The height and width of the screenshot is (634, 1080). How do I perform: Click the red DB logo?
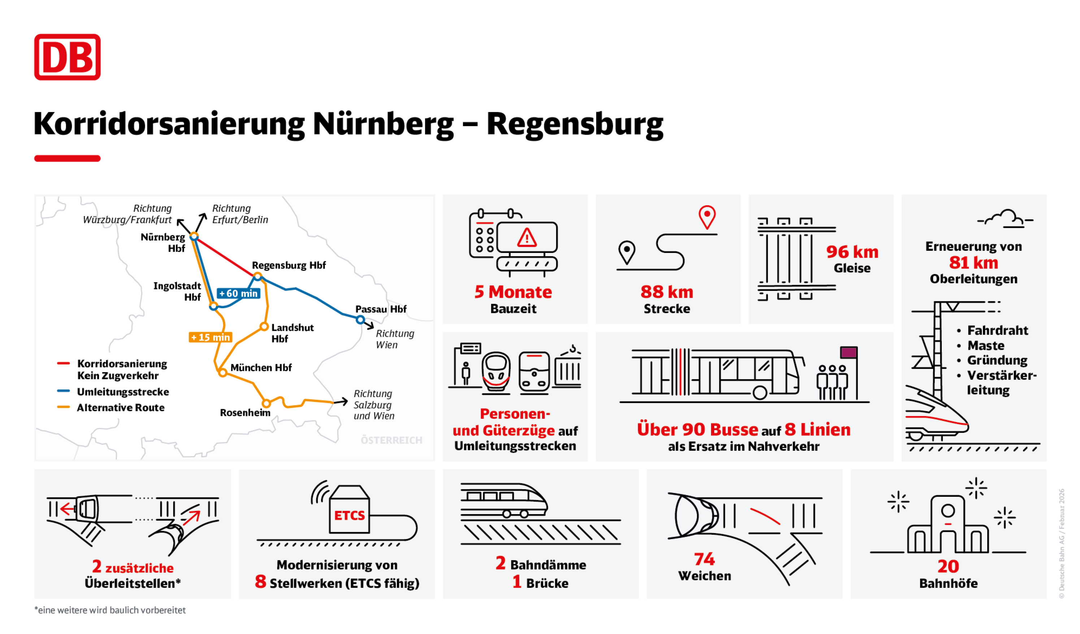67,57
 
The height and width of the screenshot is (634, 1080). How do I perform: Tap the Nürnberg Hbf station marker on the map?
194,236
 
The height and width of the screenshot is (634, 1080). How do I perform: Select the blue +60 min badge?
238,293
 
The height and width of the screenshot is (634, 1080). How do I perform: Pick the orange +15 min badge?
210,337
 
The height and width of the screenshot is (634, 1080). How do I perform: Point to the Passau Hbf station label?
381,309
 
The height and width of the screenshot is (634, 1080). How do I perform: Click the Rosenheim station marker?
266,403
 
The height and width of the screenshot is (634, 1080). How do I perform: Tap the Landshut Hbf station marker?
264,327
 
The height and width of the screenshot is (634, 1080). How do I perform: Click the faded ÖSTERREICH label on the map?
391,440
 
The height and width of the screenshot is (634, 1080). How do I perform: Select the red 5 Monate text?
513,292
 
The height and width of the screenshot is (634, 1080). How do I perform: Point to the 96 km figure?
852,252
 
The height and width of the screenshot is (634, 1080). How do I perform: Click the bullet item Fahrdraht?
997,331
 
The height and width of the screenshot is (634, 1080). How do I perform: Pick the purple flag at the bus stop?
848,352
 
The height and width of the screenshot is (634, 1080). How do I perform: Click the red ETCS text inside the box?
349,515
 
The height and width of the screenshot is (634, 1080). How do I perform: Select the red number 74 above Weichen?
704,559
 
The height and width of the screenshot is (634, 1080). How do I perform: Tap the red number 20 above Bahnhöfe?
947,567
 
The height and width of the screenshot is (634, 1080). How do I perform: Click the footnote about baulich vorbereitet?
110,610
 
